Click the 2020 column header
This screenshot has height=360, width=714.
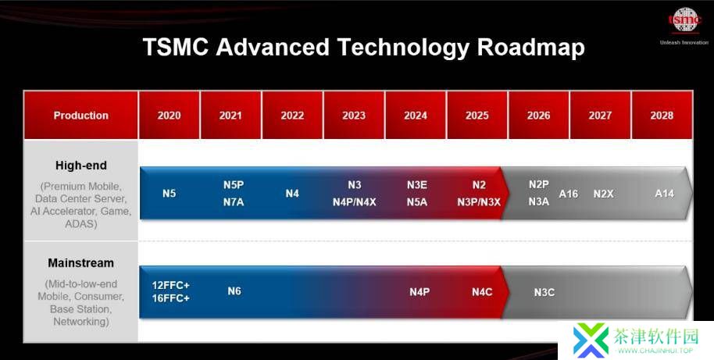point(169,115)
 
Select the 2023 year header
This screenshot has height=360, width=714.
point(354,115)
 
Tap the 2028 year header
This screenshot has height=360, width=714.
point(662,115)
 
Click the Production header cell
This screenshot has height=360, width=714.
point(80,115)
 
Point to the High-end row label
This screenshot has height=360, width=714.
point(81,166)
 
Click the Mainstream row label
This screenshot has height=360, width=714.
point(81,263)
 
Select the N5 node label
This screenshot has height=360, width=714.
point(169,194)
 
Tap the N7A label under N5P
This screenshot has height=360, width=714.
point(233,201)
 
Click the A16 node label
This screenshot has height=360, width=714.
point(568,194)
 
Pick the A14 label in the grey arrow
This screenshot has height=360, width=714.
point(664,194)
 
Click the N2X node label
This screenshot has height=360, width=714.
point(603,194)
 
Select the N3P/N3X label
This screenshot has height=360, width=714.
point(479,202)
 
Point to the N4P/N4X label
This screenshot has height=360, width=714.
point(355,202)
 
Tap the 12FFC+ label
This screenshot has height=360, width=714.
point(170,285)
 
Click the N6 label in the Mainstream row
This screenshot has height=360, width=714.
point(234,290)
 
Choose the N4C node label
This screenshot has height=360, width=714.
point(482,292)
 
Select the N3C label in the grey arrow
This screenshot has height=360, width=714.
point(544,292)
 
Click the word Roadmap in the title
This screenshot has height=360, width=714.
point(531,48)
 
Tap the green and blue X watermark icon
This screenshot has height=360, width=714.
point(591,340)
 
